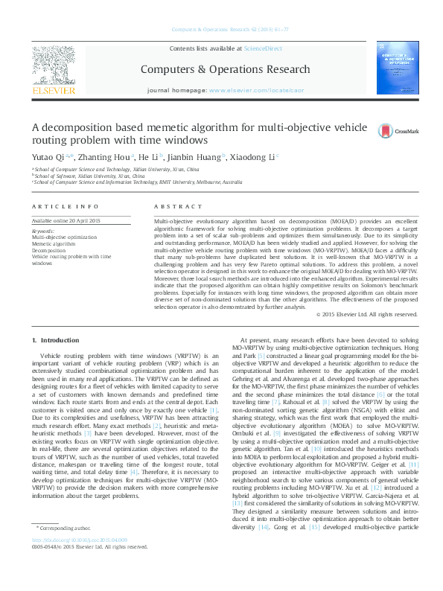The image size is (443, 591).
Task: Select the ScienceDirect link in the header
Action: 264,48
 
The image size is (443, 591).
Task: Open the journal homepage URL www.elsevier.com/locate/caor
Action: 249,89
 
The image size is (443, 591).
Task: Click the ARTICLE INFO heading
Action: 66,205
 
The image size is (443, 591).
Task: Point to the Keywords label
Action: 43,231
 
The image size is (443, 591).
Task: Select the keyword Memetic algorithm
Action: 54,243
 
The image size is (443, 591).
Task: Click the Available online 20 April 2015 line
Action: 68,221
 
